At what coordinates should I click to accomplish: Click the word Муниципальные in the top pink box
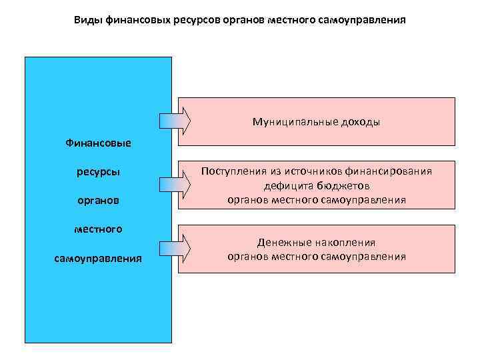293,122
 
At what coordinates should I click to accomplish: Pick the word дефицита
285,185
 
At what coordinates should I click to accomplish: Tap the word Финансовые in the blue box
98,143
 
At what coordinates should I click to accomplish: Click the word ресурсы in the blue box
98,171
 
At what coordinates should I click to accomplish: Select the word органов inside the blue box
98,200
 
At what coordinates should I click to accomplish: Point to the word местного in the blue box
98,229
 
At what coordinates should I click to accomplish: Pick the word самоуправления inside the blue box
98,258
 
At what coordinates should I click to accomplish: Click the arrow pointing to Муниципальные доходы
175,120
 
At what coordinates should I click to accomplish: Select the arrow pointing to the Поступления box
175,184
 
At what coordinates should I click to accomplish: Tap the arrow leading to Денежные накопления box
175,248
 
